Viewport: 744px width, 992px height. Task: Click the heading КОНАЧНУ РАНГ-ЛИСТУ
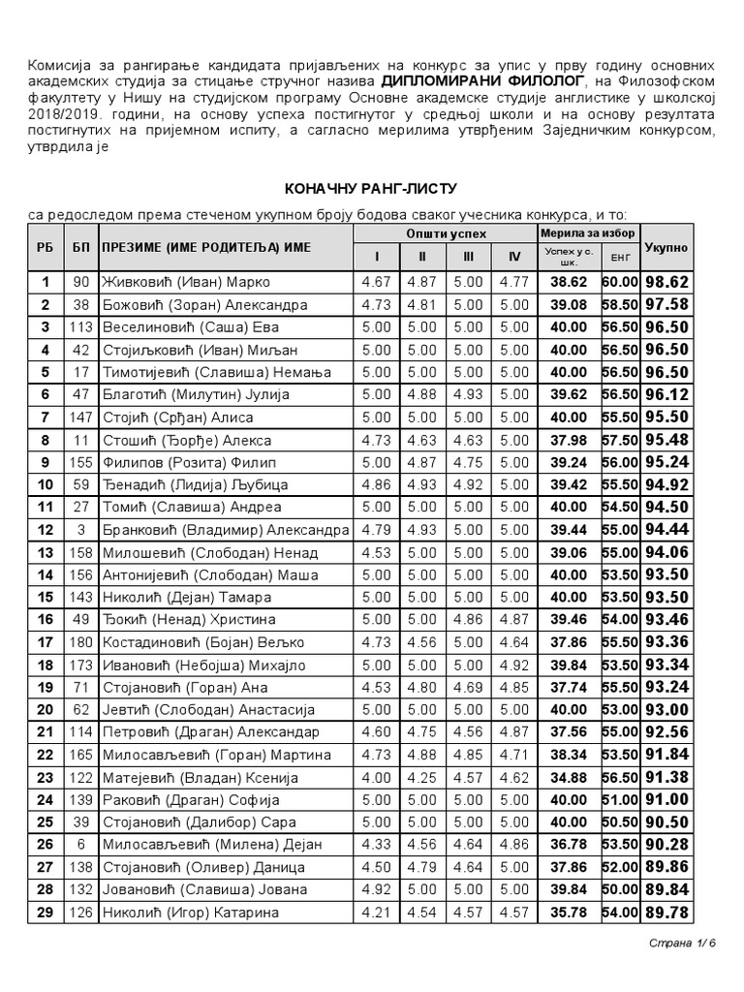tap(369, 187)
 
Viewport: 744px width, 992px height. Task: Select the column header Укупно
tap(666, 248)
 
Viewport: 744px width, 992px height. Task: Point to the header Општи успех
tap(446, 234)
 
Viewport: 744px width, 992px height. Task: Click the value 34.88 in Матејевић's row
tap(568, 777)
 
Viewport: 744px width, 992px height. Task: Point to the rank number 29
tap(45, 912)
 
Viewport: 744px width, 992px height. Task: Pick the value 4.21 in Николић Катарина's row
tap(377, 912)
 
